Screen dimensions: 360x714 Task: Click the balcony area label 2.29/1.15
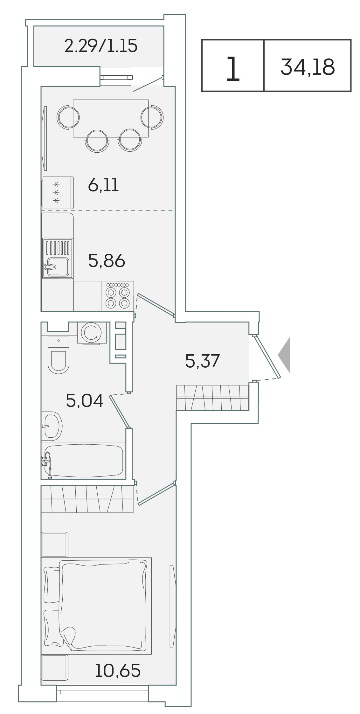[101, 46]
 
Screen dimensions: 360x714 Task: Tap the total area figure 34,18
[308, 67]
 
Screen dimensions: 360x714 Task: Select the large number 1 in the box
[233, 69]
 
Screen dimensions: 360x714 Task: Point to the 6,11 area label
[103, 185]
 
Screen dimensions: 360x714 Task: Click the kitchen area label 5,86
[107, 261]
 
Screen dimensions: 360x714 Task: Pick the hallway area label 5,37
[203, 361]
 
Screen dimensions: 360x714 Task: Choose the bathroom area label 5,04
[85, 400]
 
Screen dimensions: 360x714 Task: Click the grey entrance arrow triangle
[284, 355]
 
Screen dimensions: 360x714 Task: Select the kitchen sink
[58, 258]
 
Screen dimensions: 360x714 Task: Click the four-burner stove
[117, 296]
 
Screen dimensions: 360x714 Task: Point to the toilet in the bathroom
[59, 355]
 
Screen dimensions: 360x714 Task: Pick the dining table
[111, 119]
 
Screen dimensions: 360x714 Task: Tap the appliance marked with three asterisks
[58, 193]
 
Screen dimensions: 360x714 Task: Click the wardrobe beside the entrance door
[213, 397]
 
